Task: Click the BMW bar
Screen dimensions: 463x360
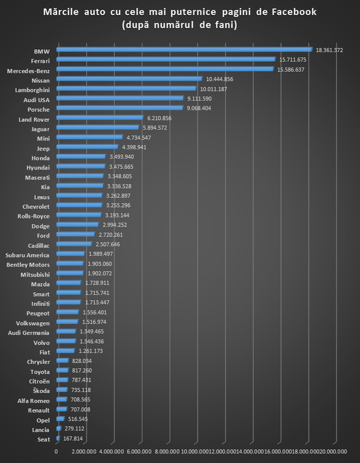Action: [x=184, y=49]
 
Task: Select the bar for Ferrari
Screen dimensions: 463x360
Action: [x=166, y=59]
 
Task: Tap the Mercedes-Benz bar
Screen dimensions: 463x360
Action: [x=164, y=69]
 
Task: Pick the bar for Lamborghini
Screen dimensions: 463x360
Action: [x=126, y=88]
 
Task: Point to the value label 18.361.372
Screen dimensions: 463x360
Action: [x=329, y=50]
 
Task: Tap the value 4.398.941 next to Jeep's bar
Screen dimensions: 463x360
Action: [x=134, y=147]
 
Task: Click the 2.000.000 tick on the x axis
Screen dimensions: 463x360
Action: [x=83, y=451]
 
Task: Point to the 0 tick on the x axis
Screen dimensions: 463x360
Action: [x=56, y=451]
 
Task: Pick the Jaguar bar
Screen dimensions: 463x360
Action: [x=97, y=127]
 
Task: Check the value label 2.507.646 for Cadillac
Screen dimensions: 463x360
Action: [x=108, y=245]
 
